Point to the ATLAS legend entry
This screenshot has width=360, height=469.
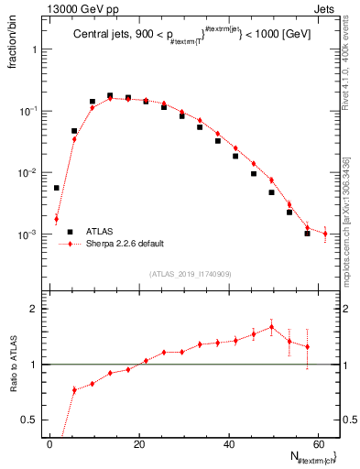click(98, 233)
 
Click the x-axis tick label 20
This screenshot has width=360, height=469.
click(138, 442)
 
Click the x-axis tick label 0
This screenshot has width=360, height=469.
click(49, 442)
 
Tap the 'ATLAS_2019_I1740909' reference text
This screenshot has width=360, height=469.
click(189, 274)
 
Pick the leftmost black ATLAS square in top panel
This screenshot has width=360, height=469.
click(57, 188)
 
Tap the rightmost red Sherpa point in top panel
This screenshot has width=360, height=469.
click(325, 234)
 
